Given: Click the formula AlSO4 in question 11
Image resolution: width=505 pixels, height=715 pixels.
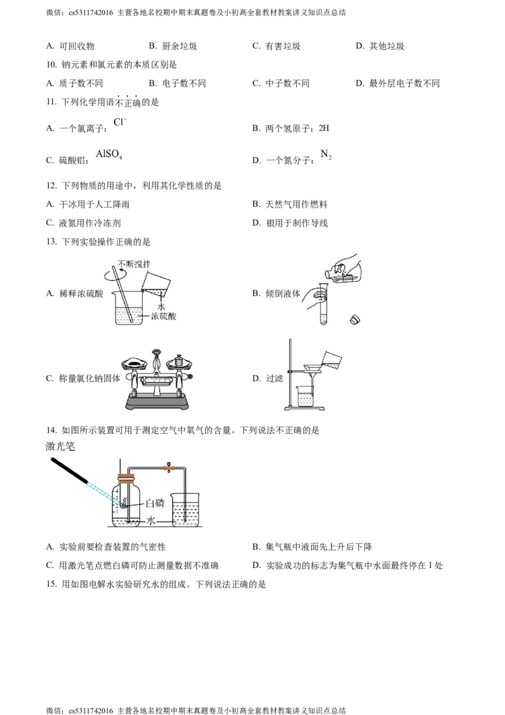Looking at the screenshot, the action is pyautogui.click(x=109, y=154).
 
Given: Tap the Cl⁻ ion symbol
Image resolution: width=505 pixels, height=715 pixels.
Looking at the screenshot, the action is pyautogui.click(x=121, y=122).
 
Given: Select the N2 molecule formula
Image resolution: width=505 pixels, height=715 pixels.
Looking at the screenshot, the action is pyautogui.click(x=326, y=154).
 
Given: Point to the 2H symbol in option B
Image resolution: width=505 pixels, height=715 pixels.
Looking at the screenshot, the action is pyautogui.click(x=324, y=128).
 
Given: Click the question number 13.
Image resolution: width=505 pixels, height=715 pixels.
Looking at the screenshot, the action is pyautogui.click(x=51, y=242).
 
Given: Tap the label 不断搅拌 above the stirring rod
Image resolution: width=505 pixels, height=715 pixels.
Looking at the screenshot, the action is pyautogui.click(x=134, y=263).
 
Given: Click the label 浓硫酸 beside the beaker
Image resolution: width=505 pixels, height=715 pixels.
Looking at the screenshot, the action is pyautogui.click(x=163, y=316).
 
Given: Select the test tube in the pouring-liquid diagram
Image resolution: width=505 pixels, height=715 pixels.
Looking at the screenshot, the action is pyautogui.click(x=324, y=303).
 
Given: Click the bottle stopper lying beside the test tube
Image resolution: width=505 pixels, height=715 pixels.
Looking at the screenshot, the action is pyautogui.click(x=355, y=320).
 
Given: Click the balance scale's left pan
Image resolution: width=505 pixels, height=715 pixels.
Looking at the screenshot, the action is pyautogui.click(x=134, y=363).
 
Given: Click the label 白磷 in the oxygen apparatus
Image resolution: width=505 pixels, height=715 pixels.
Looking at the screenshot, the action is pyautogui.click(x=155, y=503).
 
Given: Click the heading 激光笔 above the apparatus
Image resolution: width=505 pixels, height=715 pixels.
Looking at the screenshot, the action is pyautogui.click(x=60, y=446).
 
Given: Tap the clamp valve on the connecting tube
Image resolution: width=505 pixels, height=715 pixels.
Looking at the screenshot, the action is pyautogui.click(x=169, y=467).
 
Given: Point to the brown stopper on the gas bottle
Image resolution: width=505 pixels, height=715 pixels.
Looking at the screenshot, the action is pyautogui.click(x=126, y=479).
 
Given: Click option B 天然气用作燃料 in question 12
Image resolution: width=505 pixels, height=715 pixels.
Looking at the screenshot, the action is pyautogui.click(x=290, y=204).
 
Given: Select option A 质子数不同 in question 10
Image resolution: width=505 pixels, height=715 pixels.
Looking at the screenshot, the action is pyautogui.click(x=74, y=83).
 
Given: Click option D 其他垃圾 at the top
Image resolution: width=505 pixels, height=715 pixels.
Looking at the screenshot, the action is pyautogui.click(x=380, y=46).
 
